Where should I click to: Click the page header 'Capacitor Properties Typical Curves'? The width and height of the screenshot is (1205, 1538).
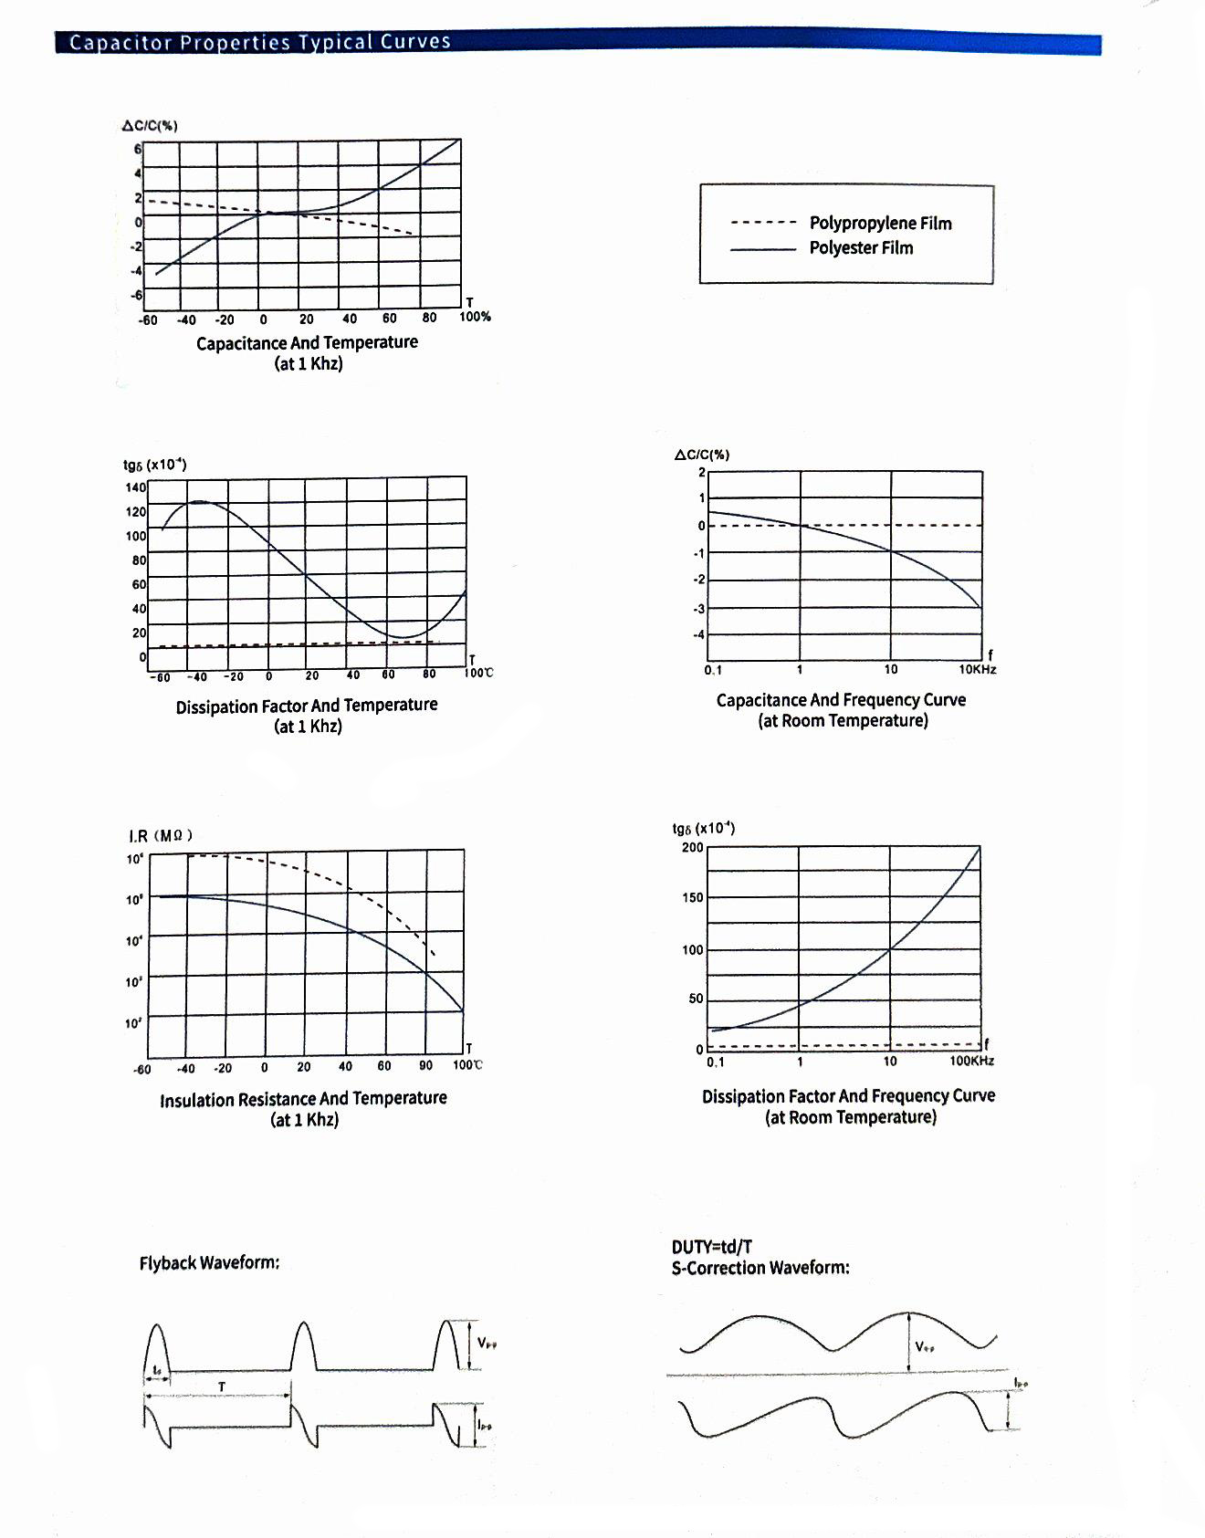pyautogui.click(x=260, y=42)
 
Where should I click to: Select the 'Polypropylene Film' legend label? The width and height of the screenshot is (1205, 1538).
pyautogui.click(x=880, y=224)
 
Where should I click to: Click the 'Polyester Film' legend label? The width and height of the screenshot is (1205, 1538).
pyautogui.click(x=861, y=248)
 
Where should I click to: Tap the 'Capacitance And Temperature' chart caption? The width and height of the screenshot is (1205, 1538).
pyautogui.click(x=307, y=343)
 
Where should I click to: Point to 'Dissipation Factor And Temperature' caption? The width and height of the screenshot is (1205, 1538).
pyautogui.click(x=307, y=706)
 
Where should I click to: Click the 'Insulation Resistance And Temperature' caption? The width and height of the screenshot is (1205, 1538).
pyautogui.click(x=303, y=1099)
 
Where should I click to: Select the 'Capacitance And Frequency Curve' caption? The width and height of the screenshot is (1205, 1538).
pyautogui.click(x=841, y=700)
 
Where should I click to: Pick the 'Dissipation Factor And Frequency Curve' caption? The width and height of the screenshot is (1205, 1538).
pyautogui.click(x=848, y=1096)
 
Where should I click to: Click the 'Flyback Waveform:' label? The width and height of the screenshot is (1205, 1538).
pyautogui.click(x=209, y=1263)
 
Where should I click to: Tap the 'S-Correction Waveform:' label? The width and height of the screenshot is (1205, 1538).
pyautogui.click(x=760, y=1268)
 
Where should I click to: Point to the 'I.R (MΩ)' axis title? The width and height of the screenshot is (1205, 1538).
pyautogui.click(x=161, y=836)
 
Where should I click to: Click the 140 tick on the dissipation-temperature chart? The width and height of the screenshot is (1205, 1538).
pyautogui.click(x=135, y=487)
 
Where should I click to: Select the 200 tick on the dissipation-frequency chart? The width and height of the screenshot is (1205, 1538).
pyautogui.click(x=693, y=848)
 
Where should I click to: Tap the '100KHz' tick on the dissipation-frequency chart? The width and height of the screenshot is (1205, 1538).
pyautogui.click(x=971, y=1061)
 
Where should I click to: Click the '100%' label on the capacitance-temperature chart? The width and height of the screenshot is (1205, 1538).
pyautogui.click(x=475, y=317)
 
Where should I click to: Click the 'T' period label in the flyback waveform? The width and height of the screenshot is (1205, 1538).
pyautogui.click(x=221, y=1386)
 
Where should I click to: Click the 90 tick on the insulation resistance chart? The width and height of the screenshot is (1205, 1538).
pyautogui.click(x=425, y=1065)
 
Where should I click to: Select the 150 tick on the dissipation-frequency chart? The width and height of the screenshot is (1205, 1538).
pyautogui.click(x=693, y=898)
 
